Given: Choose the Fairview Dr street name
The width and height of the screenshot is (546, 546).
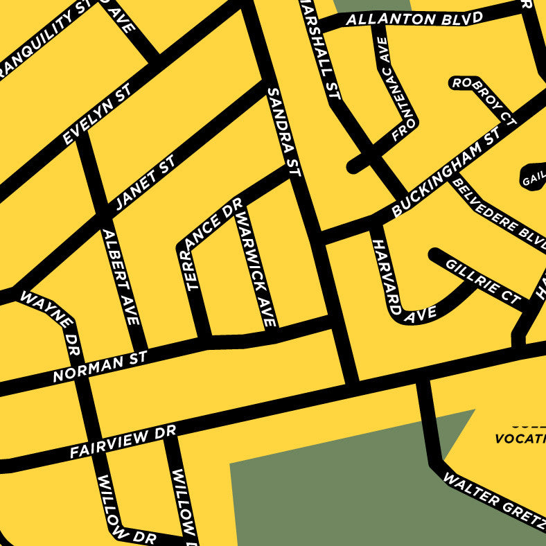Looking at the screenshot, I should click(x=123, y=442).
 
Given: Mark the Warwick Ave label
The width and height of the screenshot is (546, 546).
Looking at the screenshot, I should click(x=256, y=270).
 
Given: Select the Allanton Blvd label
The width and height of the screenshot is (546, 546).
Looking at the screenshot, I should click(x=414, y=19).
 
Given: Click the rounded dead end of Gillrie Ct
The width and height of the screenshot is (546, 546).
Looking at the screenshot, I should click(x=436, y=254).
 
